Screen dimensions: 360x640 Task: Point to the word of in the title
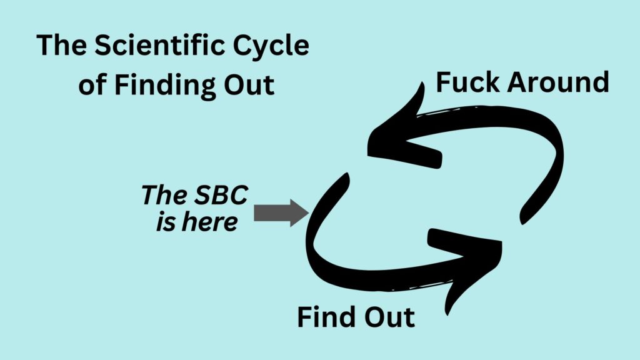coord(92,85)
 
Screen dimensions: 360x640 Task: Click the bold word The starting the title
coord(60,47)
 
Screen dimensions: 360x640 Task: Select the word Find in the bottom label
coord(326,317)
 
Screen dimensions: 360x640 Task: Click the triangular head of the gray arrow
coord(299,213)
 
